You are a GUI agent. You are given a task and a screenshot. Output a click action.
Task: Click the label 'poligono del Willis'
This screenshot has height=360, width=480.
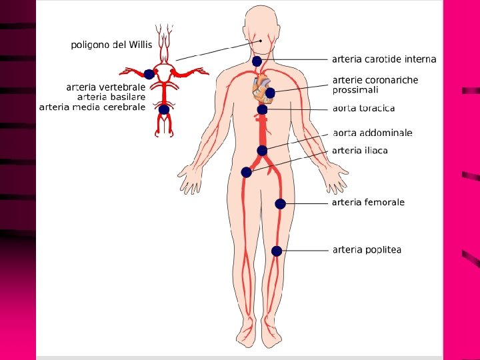[x=111, y=45]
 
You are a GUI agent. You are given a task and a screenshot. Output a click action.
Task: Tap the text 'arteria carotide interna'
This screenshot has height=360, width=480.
[x=384, y=59]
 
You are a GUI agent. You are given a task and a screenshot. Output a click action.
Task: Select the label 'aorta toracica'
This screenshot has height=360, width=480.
[x=363, y=108]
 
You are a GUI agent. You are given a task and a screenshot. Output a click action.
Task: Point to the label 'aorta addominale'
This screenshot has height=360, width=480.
[x=372, y=133]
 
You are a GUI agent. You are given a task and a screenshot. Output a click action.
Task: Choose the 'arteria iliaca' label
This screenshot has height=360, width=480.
[x=359, y=151]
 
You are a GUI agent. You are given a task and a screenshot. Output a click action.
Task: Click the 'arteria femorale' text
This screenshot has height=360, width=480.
[x=368, y=203]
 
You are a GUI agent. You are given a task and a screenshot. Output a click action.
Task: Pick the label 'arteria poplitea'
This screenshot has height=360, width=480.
[x=367, y=250]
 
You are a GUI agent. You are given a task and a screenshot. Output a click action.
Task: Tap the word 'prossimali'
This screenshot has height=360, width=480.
[x=355, y=89]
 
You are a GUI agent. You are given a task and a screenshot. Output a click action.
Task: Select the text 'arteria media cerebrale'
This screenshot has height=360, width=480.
[x=92, y=107]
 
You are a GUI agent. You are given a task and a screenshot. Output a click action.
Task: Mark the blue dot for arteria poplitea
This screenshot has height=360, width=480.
[x=277, y=251]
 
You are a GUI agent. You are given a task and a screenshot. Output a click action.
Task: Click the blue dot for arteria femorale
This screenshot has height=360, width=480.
[x=280, y=204]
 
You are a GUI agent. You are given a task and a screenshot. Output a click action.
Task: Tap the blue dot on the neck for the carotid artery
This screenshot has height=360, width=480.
[x=257, y=61]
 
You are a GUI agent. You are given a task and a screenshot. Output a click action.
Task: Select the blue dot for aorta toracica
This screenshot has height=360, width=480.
[x=262, y=109]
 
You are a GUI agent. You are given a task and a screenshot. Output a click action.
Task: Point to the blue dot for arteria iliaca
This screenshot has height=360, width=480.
[x=246, y=172]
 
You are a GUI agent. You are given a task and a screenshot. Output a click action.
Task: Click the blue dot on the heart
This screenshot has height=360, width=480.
[x=270, y=93]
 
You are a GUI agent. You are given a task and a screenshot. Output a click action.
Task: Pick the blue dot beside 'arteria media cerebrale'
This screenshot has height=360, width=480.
[x=163, y=109]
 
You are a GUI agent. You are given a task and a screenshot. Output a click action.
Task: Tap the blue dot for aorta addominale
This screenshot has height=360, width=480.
[x=262, y=151]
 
